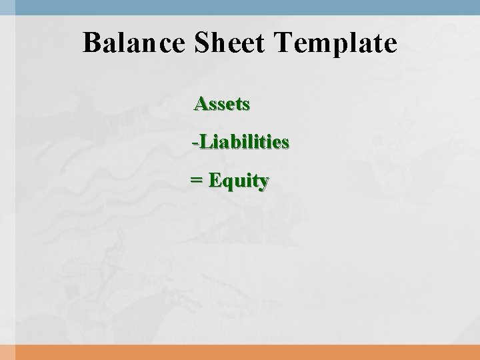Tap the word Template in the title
pos(336,44)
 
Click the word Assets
pos(222,104)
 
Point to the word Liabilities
pos(243,142)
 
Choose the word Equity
pos(239,181)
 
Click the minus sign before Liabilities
pos(193,143)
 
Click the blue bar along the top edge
pos(240,5)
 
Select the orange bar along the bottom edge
pos(240,352)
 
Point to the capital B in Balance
pos(92,44)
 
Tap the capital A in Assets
pos(201,104)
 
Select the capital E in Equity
pos(215,180)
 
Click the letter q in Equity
pos(227,183)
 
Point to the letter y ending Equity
pos(264,183)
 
